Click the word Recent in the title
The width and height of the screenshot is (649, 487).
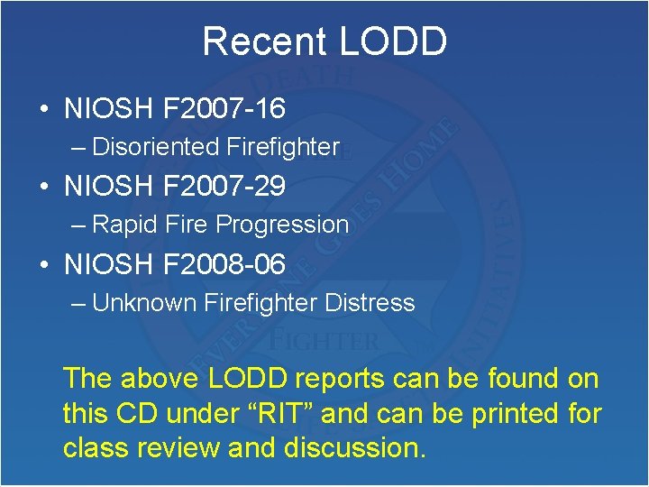pyautogui.click(x=264, y=41)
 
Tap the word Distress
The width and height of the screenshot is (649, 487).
pyautogui.click(x=371, y=302)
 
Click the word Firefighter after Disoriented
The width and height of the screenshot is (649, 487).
pyautogui.click(x=283, y=146)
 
